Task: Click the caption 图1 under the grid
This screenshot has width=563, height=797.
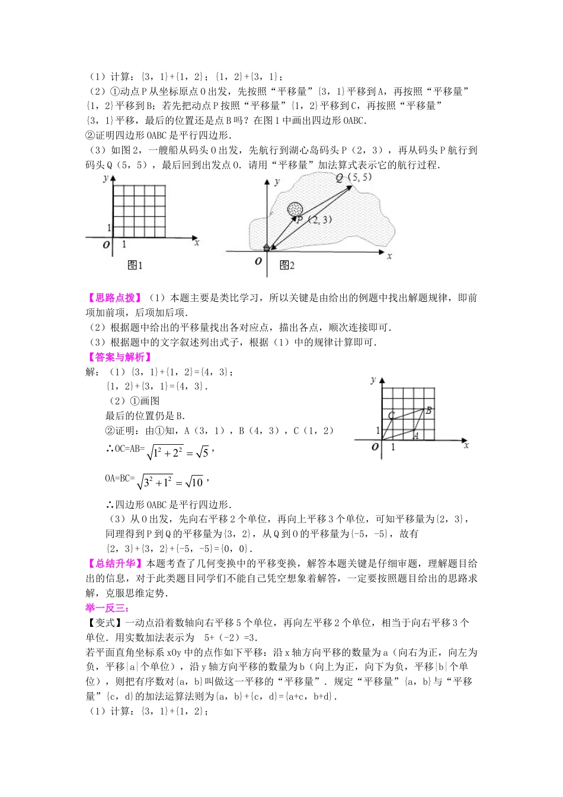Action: coord(135,265)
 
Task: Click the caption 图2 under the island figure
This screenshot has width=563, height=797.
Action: coord(287,265)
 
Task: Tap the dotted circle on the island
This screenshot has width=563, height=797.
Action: coord(295,209)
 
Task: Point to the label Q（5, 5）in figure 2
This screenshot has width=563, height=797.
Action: coord(354,177)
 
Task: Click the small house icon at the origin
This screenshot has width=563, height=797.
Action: coord(267,247)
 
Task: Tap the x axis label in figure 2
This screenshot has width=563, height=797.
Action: coord(389,256)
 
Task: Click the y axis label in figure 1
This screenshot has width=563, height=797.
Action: coord(105,177)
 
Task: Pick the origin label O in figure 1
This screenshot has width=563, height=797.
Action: coord(107,245)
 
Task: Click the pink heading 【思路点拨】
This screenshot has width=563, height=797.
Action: coord(114,298)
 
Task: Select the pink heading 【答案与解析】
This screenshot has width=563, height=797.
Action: coord(119,357)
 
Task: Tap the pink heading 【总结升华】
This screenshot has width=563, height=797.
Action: coord(114,563)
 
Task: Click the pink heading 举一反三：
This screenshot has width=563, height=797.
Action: coord(107,608)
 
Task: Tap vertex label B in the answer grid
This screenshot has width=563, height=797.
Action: coord(428,410)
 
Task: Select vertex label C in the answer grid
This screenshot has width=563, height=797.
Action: coord(391,416)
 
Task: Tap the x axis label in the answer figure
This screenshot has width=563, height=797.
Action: coord(466,445)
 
